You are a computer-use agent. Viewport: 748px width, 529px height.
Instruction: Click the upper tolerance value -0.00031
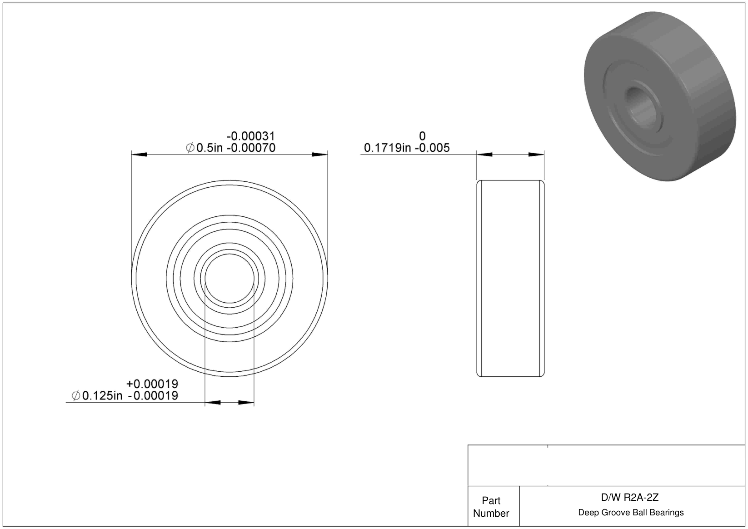[251, 136]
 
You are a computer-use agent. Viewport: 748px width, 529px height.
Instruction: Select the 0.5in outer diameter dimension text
[209, 148]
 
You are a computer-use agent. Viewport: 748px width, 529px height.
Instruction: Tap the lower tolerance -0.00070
[251, 148]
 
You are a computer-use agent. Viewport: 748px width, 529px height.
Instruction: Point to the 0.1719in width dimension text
[387, 148]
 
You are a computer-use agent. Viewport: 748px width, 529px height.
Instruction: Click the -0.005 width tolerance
[433, 148]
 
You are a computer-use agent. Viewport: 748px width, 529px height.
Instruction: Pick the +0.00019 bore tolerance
[152, 384]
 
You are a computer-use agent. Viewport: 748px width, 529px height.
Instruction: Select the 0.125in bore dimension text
[102, 396]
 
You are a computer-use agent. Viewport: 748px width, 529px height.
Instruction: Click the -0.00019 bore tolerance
[154, 396]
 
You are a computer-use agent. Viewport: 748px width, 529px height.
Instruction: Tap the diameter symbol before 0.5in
[190, 148]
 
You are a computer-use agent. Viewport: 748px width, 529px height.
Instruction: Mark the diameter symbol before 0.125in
[76, 396]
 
